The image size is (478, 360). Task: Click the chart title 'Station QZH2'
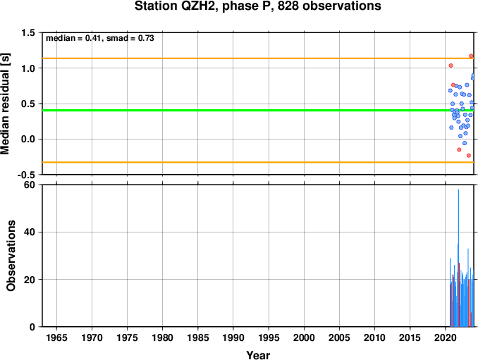point(176,6)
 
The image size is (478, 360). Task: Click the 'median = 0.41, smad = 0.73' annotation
point(100,38)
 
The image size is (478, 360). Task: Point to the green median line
point(258,110)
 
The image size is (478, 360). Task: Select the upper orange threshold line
point(258,58)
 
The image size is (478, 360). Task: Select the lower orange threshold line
point(258,162)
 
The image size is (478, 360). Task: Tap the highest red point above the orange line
point(471,56)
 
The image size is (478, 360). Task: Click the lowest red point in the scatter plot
point(469,156)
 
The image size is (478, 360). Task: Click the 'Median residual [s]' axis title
point(5,104)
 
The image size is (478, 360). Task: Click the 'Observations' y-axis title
point(11,256)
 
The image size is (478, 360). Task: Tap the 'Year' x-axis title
point(258,355)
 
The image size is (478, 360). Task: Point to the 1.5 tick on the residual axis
point(28,33)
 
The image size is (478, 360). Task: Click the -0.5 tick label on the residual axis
point(26,175)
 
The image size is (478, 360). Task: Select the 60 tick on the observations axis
point(30,185)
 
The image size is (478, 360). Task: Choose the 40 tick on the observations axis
point(30,232)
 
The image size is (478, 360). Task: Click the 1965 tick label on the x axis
point(56,337)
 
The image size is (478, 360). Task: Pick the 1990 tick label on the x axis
point(233,337)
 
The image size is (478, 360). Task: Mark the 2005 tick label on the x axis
point(339,337)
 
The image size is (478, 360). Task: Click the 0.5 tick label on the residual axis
point(28,104)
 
